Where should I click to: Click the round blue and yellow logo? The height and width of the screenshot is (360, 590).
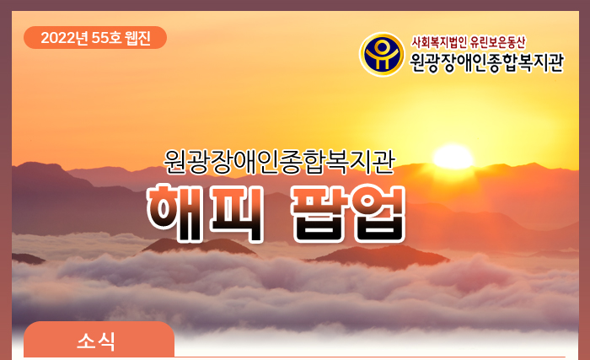tap(382, 54)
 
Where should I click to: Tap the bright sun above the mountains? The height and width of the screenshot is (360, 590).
tap(453, 157)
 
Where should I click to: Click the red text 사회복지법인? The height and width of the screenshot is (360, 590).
tap(439, 42)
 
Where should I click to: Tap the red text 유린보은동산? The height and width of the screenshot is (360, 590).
tap(497, 42)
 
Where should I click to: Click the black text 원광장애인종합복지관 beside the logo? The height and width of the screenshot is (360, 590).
tap(486, 62)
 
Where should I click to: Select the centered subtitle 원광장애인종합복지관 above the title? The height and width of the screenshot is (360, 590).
tap(279, 163)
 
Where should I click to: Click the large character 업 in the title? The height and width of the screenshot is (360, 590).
tap(378, 213)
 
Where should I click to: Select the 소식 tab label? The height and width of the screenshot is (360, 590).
tap(96, 341)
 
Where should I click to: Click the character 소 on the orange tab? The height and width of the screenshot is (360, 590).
tap(86, 341)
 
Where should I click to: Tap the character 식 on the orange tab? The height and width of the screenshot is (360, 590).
tap(106, 341)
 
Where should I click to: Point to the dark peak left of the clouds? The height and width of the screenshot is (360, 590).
tap(27, 259)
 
